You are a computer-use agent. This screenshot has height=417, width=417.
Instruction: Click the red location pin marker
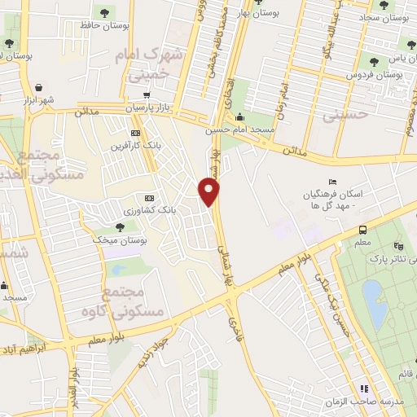pyautogui.click(x=209, y=191)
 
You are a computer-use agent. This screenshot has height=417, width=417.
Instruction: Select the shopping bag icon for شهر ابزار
pyautogui.click(x=39, y=87)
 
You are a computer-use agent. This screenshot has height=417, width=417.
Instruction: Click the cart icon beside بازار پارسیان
pyautogui.click(x=147, y=94)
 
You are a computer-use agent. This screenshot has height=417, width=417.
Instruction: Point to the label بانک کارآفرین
pyautogui.click(x=129, y=146)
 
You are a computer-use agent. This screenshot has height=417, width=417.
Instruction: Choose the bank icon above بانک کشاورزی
pyautogui.click(x=149, y=198)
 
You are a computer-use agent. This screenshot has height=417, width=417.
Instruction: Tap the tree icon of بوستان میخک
pyautogui.click(x=120, y=227)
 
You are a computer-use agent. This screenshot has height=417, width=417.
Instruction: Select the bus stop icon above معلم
pyautogui.click(x=362, y=230)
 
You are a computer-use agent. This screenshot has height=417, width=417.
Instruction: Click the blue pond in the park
pyautogui.click(x=374, y=302)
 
